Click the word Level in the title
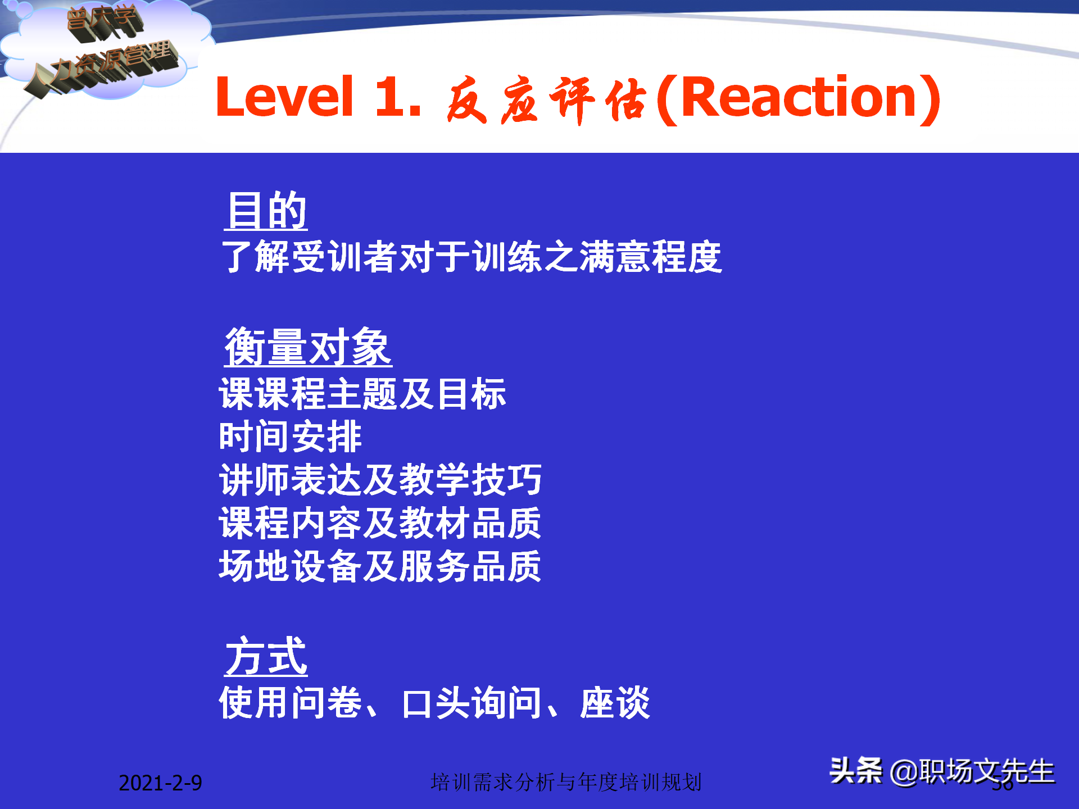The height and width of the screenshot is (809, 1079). pyautogui.click(x=284, y=98)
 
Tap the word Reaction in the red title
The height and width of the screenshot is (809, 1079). pyautogui.click(x=798, y=98)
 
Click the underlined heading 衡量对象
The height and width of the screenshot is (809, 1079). pyautogui.click(x=308, y=347)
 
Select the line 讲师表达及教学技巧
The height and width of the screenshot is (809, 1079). pyautogui.click(x=380, y=480)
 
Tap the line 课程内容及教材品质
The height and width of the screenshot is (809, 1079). pyautogui.click(x=380, y=523)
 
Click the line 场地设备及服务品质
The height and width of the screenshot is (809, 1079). pyautogui.click(x=380, y=566)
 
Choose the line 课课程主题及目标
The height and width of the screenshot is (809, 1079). pyautogui.click(x=362, y=393)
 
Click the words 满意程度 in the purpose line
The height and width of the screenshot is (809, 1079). pyautogui.click(x=651, y=257)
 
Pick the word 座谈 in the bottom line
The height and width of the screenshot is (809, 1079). pyautogui.click(x=615, y=703)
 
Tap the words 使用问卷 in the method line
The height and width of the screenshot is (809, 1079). pyautogui.click(x=290, y=703)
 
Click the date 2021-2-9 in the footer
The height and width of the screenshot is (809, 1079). pyautogui.click(x=160, y=783)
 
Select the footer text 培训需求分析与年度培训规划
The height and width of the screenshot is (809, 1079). pyautogui.click(x=566, y=782)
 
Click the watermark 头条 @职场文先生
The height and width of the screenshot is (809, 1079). pyautogui.click(x=942, y=771)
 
